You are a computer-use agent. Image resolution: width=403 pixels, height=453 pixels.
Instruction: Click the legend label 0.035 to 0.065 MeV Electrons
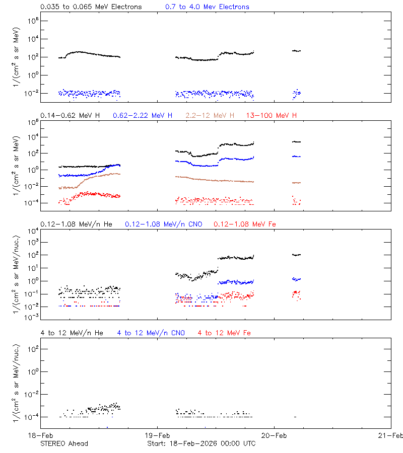tap(91, 7)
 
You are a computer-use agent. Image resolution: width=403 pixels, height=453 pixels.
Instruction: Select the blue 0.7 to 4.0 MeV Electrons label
tap(207, 7)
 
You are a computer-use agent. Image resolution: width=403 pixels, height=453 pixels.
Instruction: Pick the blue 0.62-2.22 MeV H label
tap(143, 116)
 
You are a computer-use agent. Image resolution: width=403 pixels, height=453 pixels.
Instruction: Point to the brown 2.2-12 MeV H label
tap(210, 116)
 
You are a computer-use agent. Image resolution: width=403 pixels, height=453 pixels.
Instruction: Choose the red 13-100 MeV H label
tap(271, 116)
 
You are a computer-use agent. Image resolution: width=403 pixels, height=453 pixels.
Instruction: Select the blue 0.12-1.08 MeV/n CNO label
tap(163, 224)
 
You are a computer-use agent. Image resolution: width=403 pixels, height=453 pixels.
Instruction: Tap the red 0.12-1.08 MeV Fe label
tap(244, 224)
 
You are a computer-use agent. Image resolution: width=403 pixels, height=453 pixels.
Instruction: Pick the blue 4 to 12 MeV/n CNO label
tap(151, 333)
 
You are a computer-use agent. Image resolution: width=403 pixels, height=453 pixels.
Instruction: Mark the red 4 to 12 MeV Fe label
tap(224, 333)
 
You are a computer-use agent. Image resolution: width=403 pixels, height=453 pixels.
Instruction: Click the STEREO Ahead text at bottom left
tap(64, 443)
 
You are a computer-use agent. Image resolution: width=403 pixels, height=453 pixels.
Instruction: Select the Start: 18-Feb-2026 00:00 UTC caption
tap(201, 443)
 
